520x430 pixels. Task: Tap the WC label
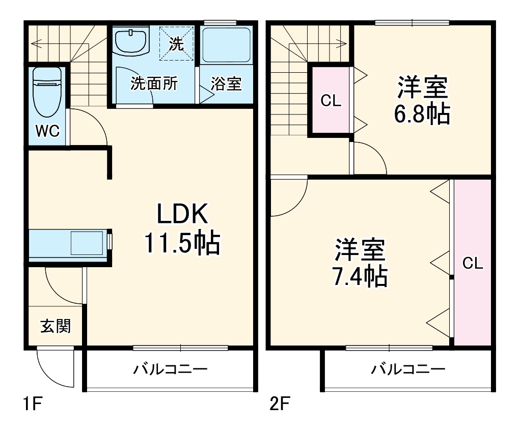click(47, 131)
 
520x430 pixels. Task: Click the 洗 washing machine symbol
click(175, 44)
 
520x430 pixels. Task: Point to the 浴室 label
click(226, 83)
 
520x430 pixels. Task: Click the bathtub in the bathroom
click(226, 45)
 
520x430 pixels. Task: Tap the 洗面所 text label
click(154, 83)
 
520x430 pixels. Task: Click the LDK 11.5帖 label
click(182, 229)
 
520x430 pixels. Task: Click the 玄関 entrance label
click(55, 326)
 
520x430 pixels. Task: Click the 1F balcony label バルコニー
click(171, 369)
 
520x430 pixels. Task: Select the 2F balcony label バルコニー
click(407, 369)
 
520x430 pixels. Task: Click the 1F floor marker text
click(31, 405)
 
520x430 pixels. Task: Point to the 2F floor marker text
click(279, 405)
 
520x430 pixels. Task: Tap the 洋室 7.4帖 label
click(360, 263)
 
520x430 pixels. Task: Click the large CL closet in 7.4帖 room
click(472, 263)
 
